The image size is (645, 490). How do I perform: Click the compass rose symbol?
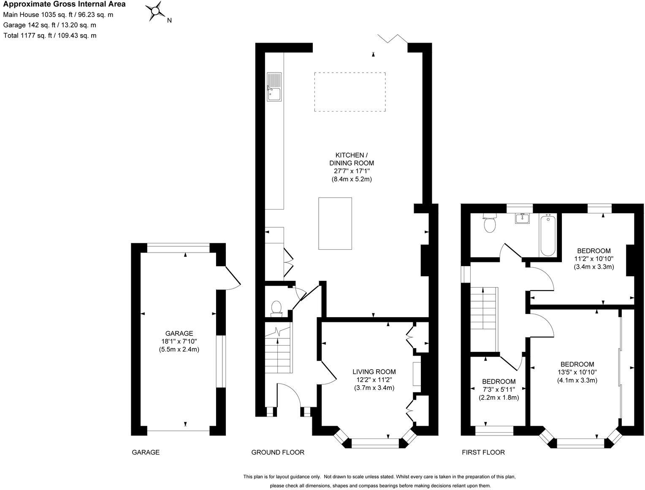[156, 11]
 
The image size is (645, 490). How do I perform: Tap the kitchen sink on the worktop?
[274, 87]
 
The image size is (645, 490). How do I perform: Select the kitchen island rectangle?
[335, 223]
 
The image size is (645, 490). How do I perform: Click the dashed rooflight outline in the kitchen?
[350, 92]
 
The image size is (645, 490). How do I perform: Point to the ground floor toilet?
[277, 308]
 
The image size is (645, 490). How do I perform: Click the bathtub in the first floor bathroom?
[548, 235]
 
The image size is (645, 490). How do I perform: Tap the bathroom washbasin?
[523, 219]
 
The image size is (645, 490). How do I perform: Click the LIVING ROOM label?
[374, 372]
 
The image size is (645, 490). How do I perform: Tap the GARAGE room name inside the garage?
[179, 333]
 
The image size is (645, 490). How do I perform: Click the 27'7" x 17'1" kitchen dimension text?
[351, 171]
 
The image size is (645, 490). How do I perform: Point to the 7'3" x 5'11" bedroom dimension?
[499, 389]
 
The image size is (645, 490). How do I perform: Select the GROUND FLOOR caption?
[277, 452]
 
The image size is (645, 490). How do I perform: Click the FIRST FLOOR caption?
[483, 452]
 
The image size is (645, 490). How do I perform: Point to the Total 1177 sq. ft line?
[50, 35]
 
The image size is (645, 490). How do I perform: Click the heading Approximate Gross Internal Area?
[64, 5]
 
